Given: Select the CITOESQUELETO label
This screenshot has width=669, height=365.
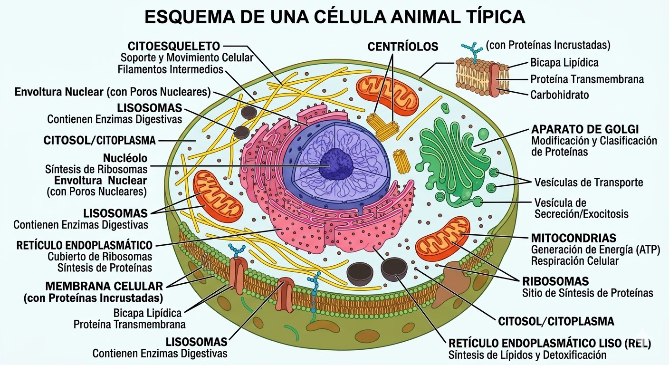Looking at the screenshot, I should (x=174, y=46).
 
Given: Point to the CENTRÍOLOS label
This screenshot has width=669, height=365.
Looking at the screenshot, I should (x=403, y=47).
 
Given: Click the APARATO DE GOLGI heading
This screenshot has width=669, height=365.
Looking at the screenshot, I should (x=585, y=129).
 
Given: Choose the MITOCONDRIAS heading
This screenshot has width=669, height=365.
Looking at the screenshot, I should (x=573, y=238).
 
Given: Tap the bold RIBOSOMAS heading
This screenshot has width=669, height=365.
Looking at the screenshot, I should (x=555, y=281).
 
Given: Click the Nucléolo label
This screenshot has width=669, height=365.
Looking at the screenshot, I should (x=125, y=158).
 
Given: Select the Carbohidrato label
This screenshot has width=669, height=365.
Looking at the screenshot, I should (x=559, y=95).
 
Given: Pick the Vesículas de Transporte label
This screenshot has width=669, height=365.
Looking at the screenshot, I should (x=588, y=182).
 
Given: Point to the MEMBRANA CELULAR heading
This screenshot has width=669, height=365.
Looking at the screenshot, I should (x=104, y=286).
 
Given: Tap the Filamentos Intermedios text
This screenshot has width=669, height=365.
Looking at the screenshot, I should (x=171, y=69).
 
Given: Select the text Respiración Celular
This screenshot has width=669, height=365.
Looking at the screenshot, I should (x=574, y=260).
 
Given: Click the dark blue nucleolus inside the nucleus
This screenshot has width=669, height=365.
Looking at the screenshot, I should (x=336, y=164).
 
